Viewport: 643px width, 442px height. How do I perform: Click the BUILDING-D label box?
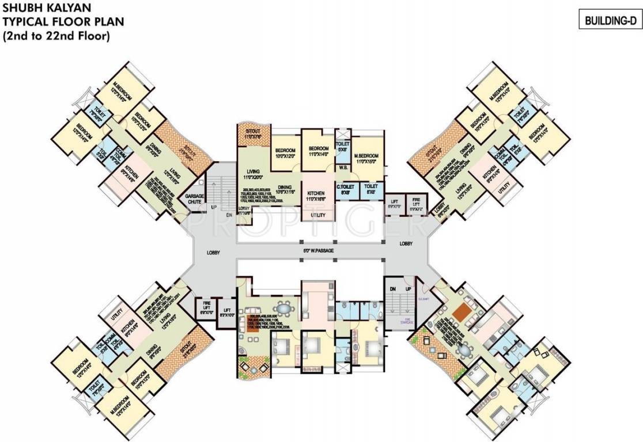point(610,21)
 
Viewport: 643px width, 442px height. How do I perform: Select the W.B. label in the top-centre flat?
point(342,169)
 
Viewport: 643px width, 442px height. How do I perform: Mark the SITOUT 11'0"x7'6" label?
point(249,135)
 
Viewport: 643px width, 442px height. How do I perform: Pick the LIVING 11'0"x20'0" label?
point(251,174)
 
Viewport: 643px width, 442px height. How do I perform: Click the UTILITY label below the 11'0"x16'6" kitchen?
point(317,215)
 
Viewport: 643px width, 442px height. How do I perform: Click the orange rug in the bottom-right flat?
point(460,313)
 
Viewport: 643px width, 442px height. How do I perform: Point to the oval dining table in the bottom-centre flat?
point(282,306)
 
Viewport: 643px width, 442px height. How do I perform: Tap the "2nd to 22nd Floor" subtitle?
point(55,35)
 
